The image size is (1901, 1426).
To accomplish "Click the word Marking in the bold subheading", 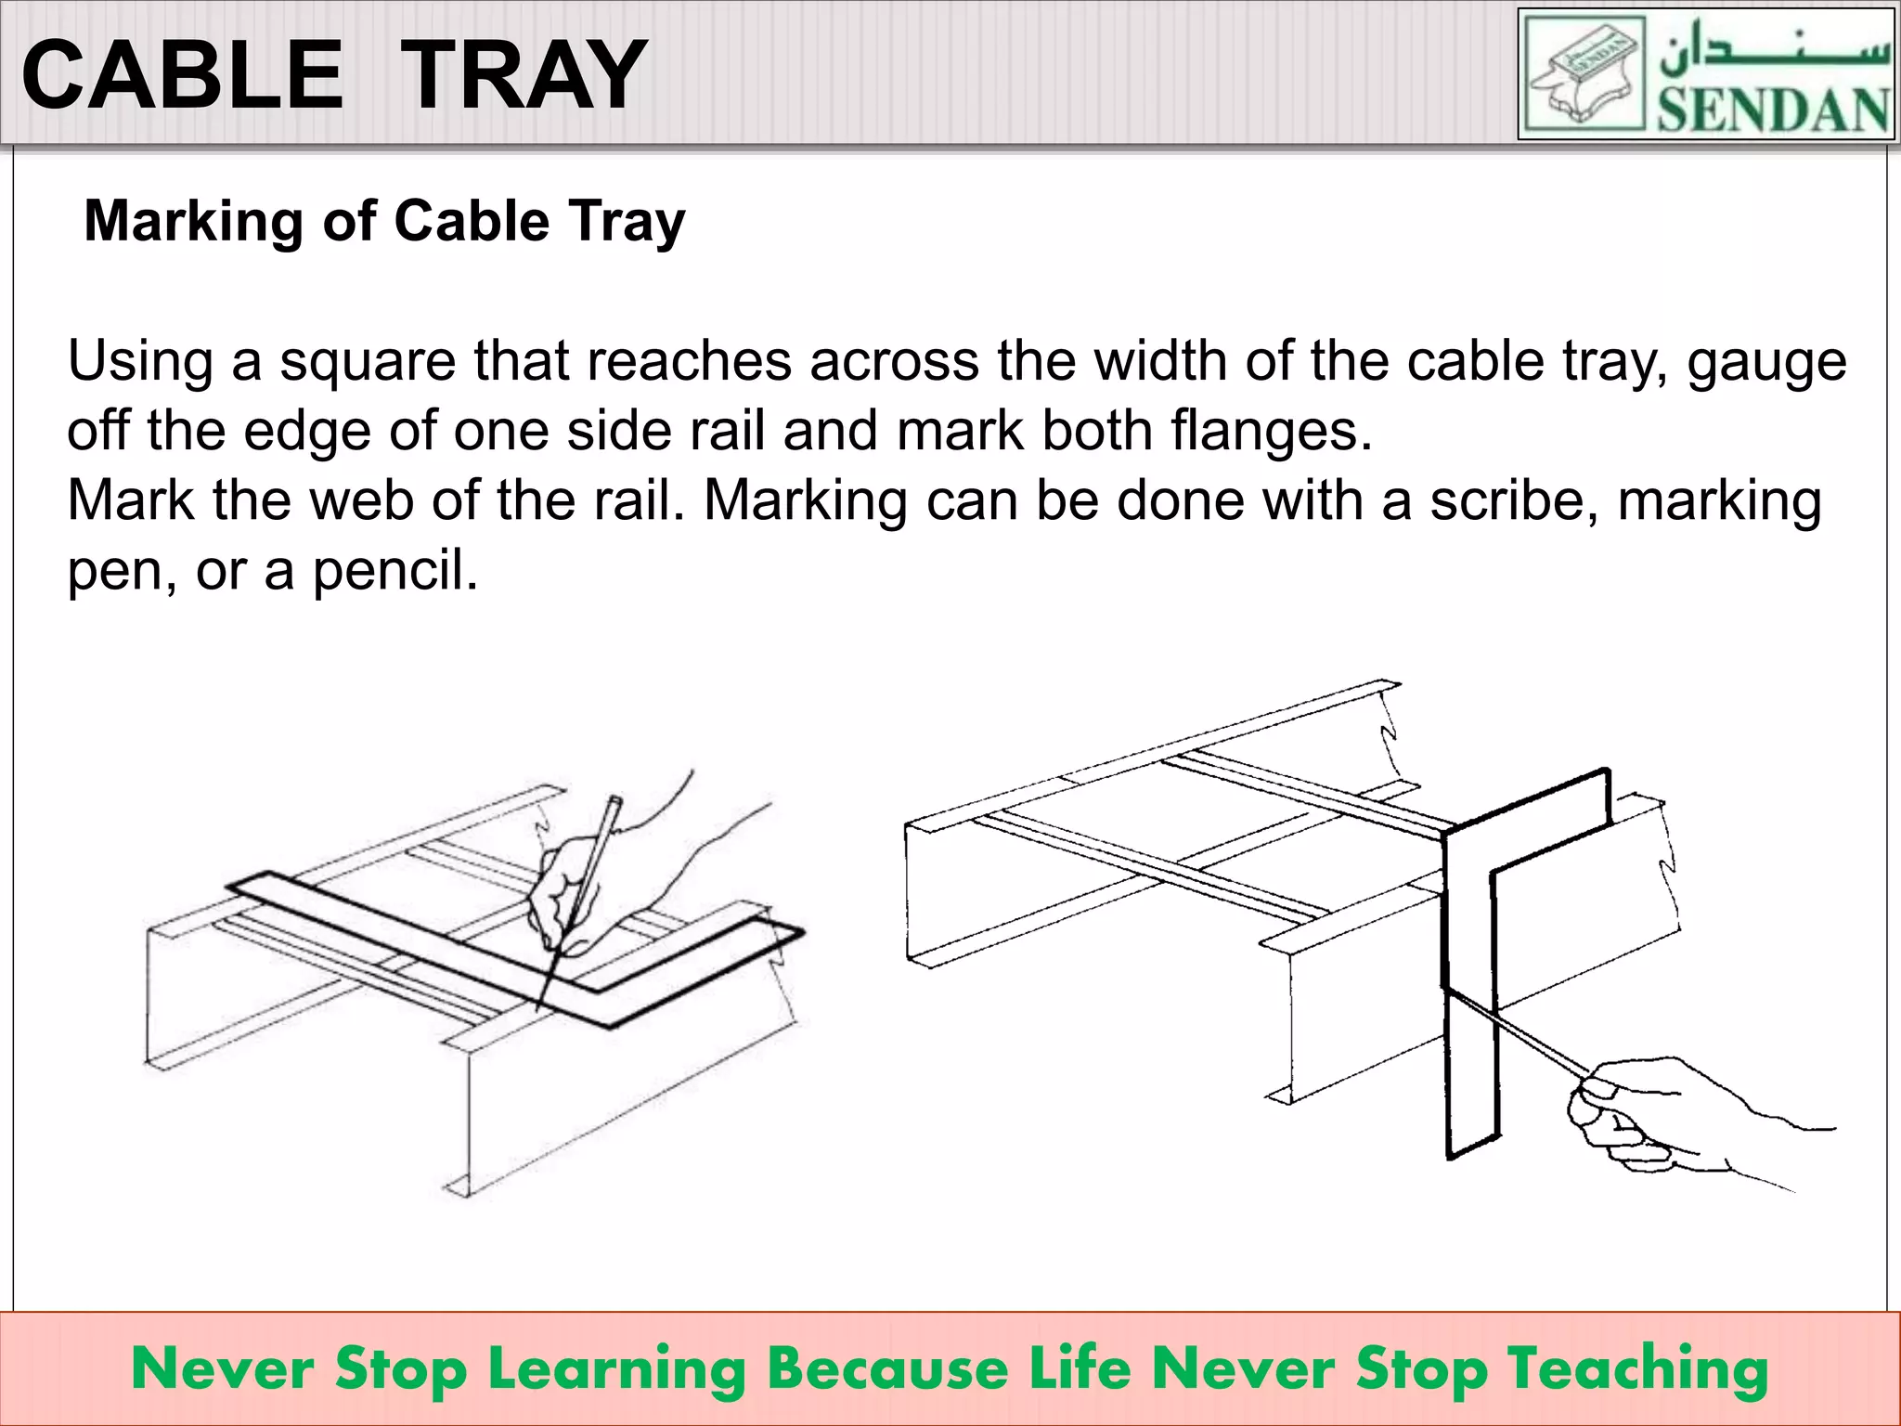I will pos(193,222).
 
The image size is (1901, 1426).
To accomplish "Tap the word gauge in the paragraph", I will pos(1766,361).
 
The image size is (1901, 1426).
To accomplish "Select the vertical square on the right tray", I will pos(1471,975).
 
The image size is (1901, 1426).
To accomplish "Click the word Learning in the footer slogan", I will pos(616,1370).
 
